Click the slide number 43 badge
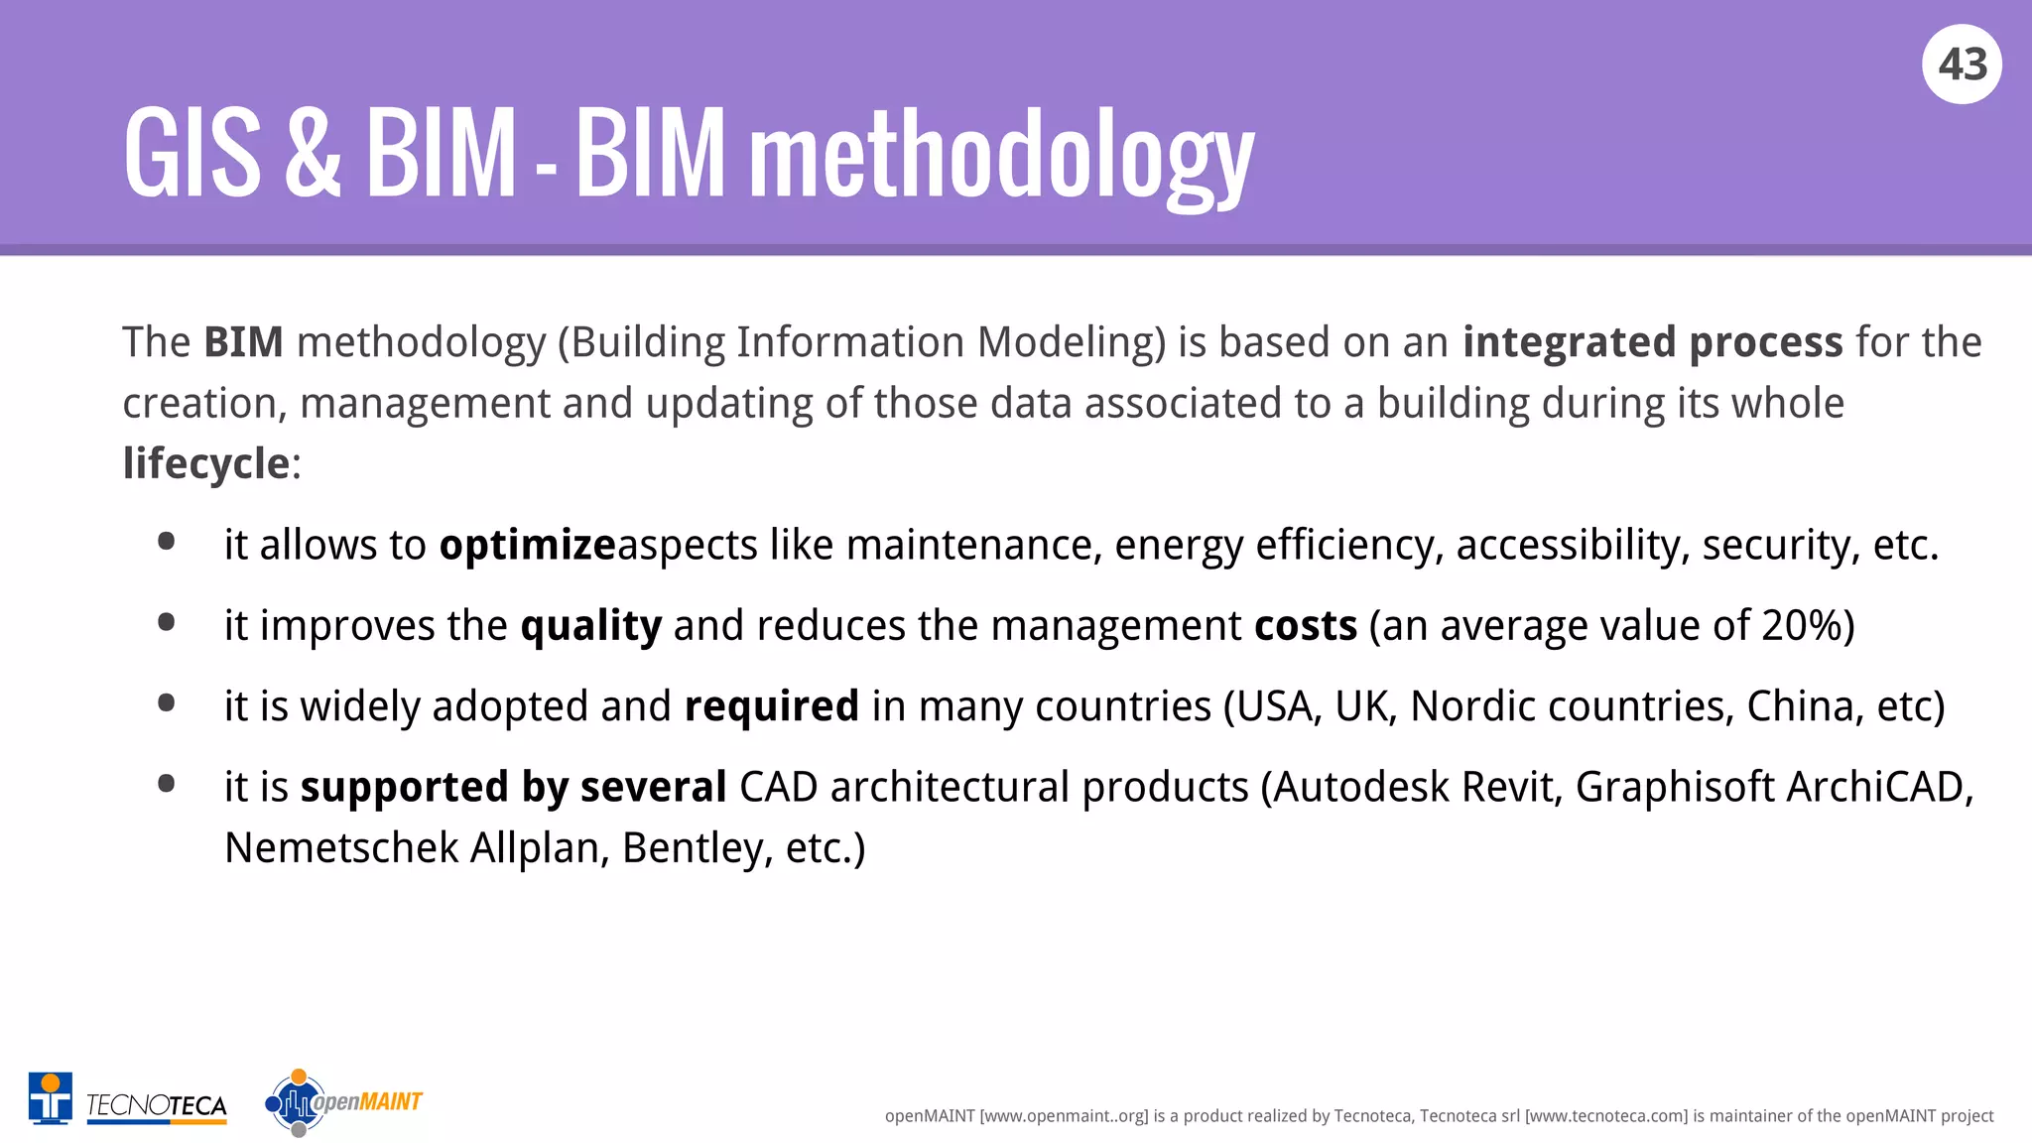click(x=1962, y=64)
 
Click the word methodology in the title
click(x=1002, y=157)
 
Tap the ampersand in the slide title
click(x=313, y=155)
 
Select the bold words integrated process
click(x=1652, y=342)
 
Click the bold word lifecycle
click(x=205, y=463)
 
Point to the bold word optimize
click(x=528, y=545)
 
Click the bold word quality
click(x=590, y=626)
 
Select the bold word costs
click(x=1305, y=626)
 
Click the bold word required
click(x=771, y=706)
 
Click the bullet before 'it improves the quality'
click(x=167, y=623)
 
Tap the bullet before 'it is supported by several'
click(x=167, y=784)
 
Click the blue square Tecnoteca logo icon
click(x=51, y=1097)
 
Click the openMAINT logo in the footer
click(x=343, y=1101)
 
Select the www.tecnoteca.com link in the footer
click(x=1605, y=1116)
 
